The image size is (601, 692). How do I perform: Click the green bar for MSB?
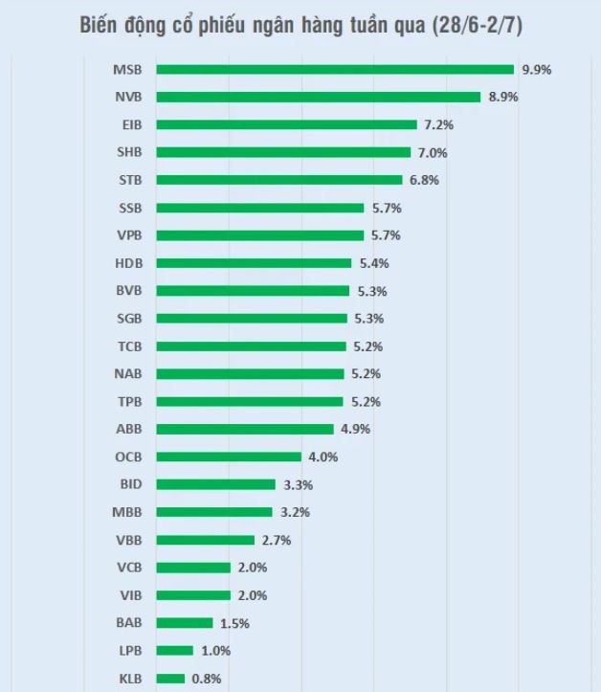point(335,69)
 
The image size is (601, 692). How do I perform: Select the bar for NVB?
point(318,97)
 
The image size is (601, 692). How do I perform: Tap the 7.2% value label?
point(437,124)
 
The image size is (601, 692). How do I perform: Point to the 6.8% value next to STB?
point(424,180)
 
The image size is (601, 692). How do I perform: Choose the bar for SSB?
point(259,208)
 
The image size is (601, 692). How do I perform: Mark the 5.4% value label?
point(373,263)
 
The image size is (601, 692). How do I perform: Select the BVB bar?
point(253,291)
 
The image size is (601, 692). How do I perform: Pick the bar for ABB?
point(245,429)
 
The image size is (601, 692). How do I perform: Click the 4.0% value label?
point(323,457)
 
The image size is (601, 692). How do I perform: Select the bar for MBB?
point(214,512)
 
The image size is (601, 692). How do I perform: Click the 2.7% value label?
point(276,540)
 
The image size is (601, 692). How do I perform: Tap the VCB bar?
point(193,568)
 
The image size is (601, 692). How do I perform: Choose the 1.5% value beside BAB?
point(234,623)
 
